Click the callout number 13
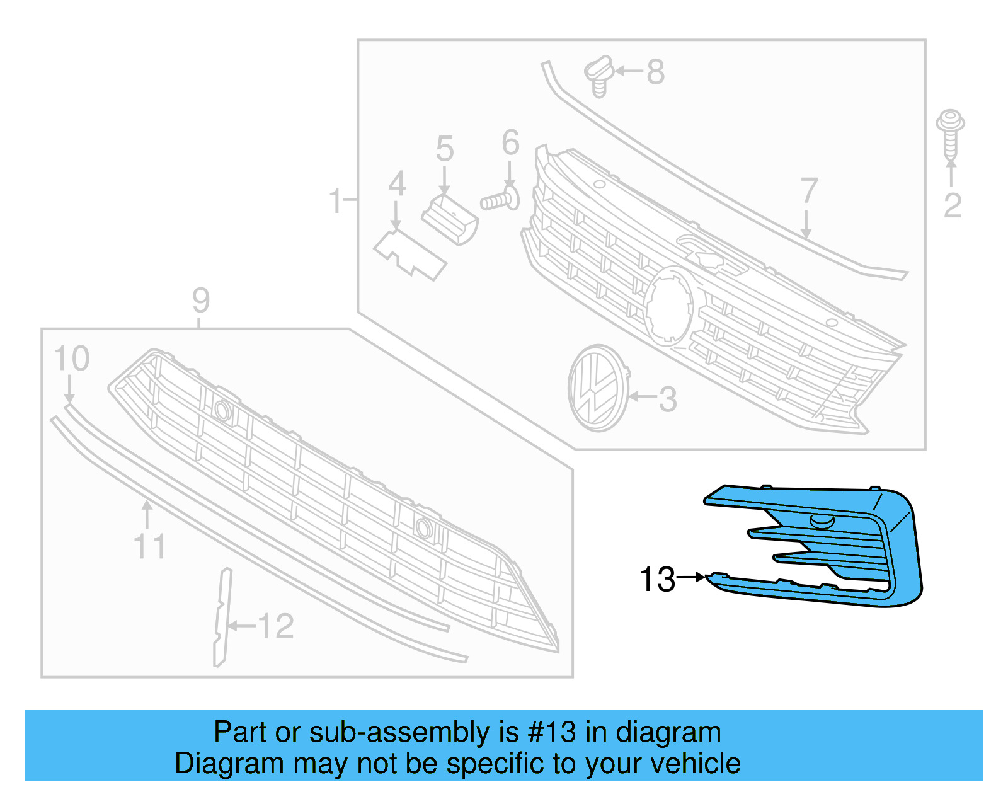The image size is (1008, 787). pos(657,579)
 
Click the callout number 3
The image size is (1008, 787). pos(667,399)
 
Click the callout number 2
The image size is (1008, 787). pos(953,205)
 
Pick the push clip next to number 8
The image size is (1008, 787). pos(599,75)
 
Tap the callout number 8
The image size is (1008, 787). pos(655,72)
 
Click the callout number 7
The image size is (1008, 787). pos(809,191)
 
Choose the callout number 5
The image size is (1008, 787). pos(445,149)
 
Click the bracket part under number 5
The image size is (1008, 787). pos(450,219)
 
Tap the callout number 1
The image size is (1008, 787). pos(335,201)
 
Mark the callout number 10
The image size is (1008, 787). pos(71,359)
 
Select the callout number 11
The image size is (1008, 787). pos(150,546)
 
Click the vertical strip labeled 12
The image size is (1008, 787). pos(222,618)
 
